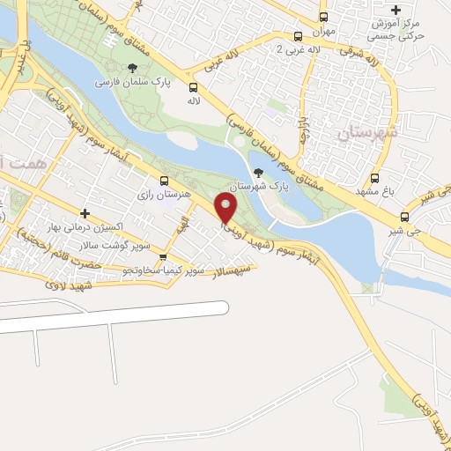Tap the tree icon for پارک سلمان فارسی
[133, 69]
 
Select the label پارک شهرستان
[259, 187]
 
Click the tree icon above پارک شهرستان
[258, 172]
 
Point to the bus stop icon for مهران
[323, 17]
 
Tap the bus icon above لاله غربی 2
[298, 37]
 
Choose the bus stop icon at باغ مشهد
[375, 178]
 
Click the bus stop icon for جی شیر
[404, 217]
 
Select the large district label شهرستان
[368, 132]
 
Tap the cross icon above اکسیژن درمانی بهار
[85, 212]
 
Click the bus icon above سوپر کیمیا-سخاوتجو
[162, 257]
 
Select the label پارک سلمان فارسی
[132, 84]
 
